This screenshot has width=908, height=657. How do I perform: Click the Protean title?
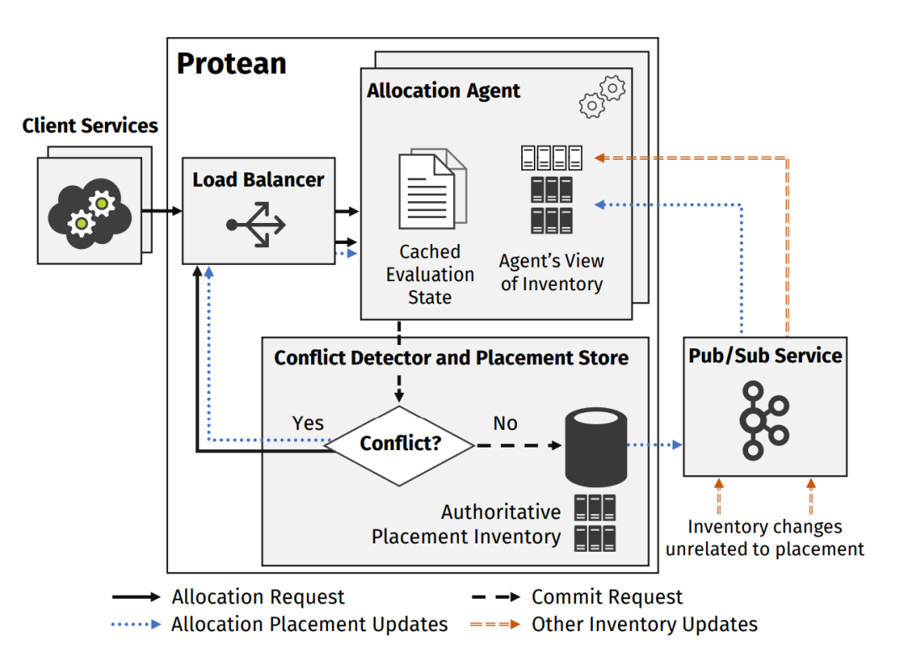pos(231,64)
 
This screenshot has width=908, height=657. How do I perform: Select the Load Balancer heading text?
pos(258,179)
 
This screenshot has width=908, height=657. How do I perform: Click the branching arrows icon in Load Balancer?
pos(256,225)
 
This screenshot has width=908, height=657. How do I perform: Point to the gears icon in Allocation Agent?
pos(603,96)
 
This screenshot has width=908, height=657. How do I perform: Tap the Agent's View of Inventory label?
pos(552,273)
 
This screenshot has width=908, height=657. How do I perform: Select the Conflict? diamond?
pos(400,444)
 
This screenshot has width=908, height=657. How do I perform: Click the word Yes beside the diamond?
pos(308,423)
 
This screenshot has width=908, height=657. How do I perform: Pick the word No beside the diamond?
pos(505,423)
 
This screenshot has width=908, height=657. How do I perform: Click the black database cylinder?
pos(596,444)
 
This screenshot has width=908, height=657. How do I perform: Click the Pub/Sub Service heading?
pos(765,356)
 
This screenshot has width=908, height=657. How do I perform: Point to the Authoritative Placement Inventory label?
pos(467,524)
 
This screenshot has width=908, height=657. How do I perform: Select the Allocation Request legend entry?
pos(258,597)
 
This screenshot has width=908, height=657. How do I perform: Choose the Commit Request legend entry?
pos(607,597)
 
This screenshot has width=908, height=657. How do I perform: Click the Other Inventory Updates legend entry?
pos(644,624)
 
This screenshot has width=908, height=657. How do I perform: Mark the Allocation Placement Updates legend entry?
pos(309,624)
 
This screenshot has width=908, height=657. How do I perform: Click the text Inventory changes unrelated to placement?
pos(765,538)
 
